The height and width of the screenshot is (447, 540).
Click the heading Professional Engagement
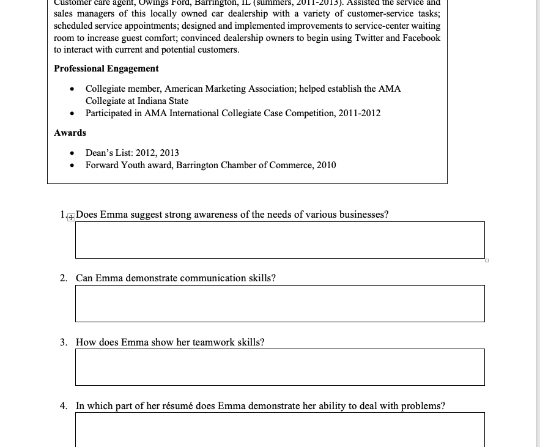click(x=106, y=68)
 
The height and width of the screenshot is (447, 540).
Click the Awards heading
click(x=70, y=133)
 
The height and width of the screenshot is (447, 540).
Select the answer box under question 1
click(x=279, y=240)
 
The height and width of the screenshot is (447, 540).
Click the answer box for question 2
click(x=279, y=303)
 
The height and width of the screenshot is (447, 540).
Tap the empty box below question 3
click(x=279, y=367)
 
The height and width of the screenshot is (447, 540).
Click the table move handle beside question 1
click(x=72, y=216)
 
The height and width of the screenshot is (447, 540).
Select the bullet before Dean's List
click(x=72, y=153)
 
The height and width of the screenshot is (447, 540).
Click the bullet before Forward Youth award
click(x=72, y=165)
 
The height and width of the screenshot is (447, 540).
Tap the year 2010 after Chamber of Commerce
click(x=326, y=165)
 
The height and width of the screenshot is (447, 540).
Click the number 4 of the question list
click(x=63, y=405)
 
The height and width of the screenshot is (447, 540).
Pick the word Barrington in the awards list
click(x=197, y=165)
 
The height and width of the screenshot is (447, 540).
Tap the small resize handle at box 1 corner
click(x=486, y=260)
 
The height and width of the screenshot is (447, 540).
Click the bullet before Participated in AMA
click(x=72, y=113)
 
